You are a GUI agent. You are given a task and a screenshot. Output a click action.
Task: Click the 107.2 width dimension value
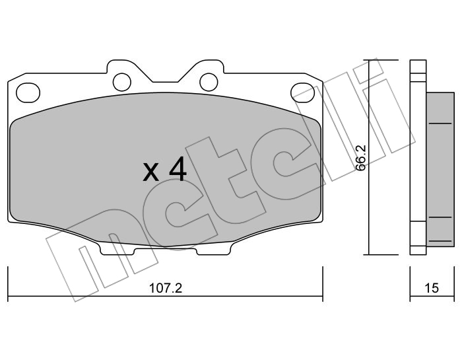click(x=166, y=288)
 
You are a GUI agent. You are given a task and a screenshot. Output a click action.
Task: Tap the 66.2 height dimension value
click(x=360, y=158)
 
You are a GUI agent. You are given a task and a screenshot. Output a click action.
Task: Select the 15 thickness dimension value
click(x=432, y=288)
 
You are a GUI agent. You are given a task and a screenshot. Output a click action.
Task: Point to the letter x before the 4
click(x=151, y=172)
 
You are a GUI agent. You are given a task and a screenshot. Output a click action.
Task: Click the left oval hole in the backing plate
click(x=28, y=92)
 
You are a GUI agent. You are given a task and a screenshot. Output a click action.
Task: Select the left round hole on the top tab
click(x=122, y=82)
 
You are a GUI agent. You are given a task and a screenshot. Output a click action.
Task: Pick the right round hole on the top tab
click(x=209, y=82)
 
